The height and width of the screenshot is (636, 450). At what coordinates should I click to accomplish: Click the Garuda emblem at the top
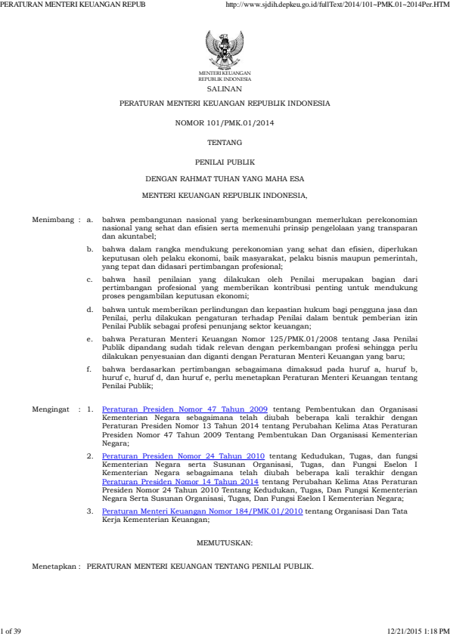click(x=225, y=51)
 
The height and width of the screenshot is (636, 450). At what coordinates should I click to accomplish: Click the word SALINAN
click(x=225, y=89)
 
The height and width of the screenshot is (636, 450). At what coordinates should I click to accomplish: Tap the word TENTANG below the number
click(x=225, y=141)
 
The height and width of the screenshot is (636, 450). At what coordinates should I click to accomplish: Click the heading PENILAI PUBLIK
click(x=225, y=162)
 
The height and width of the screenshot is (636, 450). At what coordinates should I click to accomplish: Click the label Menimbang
click(x=51, y=221)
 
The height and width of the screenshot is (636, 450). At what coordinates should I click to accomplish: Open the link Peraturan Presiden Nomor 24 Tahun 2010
click(x=183, y=457)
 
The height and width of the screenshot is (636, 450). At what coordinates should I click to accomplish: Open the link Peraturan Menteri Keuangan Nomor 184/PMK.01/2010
click(x=202, y=511)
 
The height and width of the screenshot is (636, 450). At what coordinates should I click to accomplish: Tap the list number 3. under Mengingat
click(x=89, y=511)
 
